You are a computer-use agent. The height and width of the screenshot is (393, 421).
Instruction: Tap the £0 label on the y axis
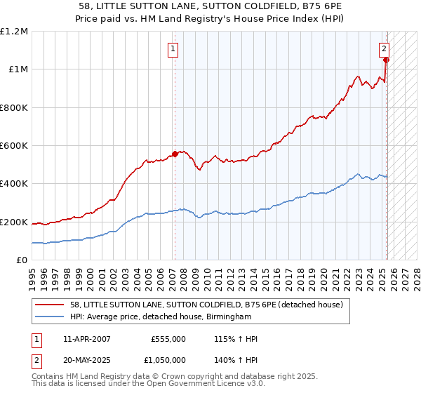point(23,260)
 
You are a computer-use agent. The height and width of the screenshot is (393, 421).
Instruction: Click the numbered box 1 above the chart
point(173,49)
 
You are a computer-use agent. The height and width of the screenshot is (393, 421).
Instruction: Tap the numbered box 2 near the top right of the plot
point(385,49)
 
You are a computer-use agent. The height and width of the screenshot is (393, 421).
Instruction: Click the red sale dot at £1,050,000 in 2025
point(387,60)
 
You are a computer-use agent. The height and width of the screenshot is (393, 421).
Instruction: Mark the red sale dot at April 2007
point(175,154)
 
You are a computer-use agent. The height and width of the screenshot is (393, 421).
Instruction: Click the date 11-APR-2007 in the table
point(86,339)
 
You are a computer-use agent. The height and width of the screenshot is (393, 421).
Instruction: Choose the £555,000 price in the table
point(168,339)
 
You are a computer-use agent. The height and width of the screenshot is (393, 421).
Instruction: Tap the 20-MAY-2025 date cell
point(87,359)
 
